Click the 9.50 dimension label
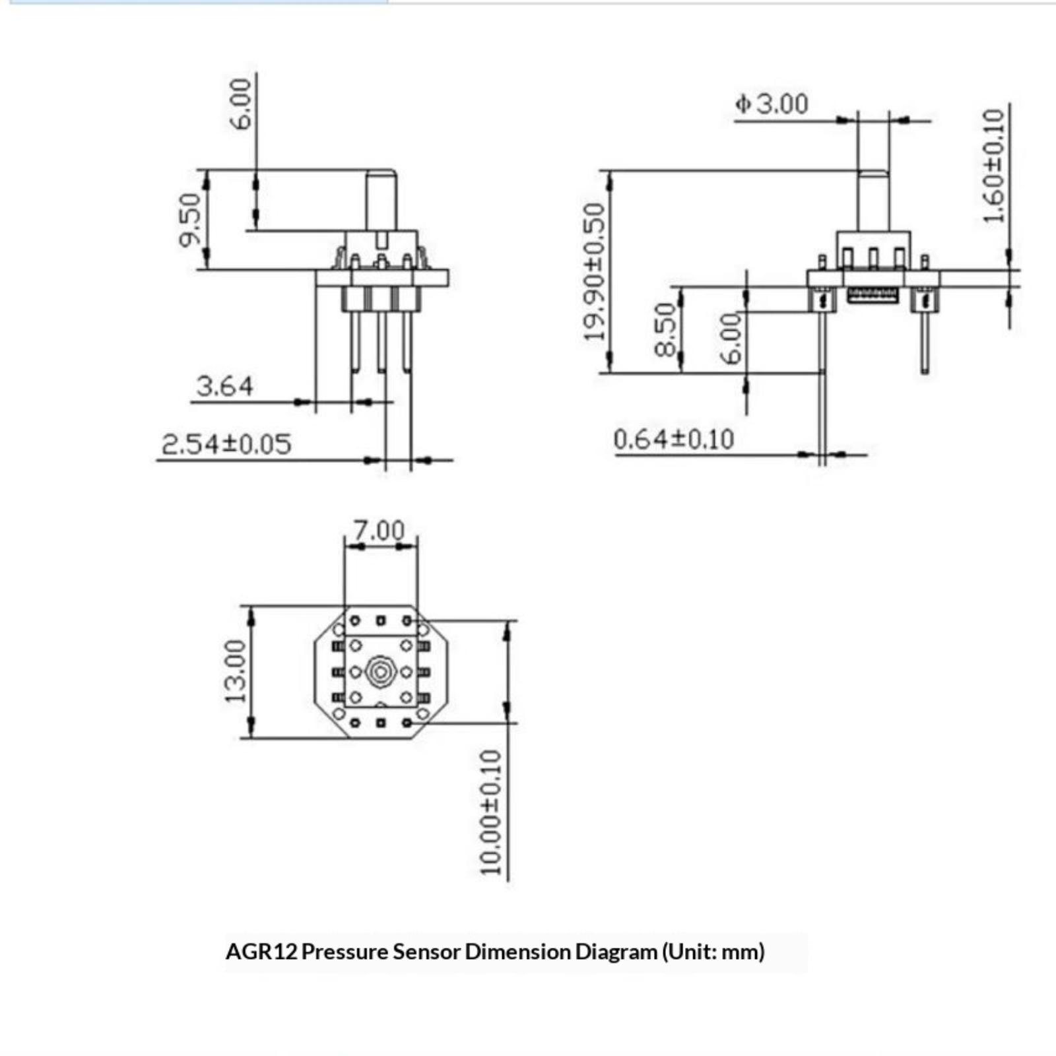click(189, 220)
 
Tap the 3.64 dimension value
click(224, 386)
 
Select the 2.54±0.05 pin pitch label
click(226, 444)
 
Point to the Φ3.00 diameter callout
click(772, 104)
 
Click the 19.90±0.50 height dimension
click(595, 271)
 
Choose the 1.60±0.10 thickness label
click(993, 166)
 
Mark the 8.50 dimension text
click(665, 329)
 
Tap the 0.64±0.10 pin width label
click(673, 440)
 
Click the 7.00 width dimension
click(379, 530)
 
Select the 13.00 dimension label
click(236, 671)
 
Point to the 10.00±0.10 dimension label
click(491, 812)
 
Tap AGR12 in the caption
click(261, 952)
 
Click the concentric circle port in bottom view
click(380, 672)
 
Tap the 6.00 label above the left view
click(243, 104)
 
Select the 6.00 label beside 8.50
click(731, 339)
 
